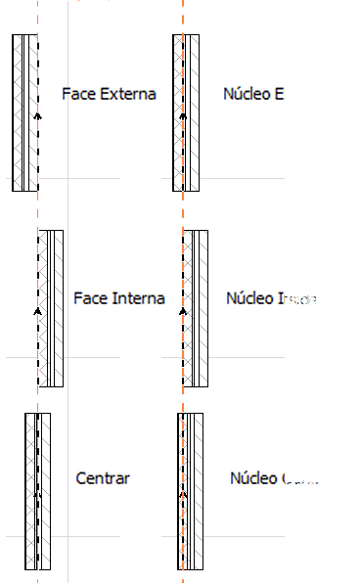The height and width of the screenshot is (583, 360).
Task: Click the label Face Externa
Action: [109, 95]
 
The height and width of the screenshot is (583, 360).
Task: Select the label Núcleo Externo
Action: [277, 95]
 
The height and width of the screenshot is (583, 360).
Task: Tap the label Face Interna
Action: [119, 298]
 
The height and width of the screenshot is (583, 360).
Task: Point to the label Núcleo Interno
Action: [278, 298]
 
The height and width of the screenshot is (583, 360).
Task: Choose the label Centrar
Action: [103, 478]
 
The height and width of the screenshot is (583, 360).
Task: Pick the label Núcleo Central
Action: [282, 478]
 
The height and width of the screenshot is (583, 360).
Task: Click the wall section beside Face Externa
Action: [24, 112]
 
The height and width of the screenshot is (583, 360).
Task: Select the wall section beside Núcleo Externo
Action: [186, 112]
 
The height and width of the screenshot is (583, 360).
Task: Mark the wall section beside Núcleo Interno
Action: [195, 308]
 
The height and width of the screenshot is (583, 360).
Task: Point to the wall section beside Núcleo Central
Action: [190, 489]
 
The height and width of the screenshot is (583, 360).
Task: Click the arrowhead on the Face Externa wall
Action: [37, 115]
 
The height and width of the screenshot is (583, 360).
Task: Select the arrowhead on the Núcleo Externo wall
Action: [183, 115]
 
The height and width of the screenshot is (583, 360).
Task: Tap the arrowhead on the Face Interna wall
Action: [37, 310]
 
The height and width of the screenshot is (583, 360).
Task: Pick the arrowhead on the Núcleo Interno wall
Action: [183, 310]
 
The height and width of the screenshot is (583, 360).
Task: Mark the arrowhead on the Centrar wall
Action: [37, 494]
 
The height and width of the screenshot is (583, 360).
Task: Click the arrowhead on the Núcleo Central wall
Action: [183, 494]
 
